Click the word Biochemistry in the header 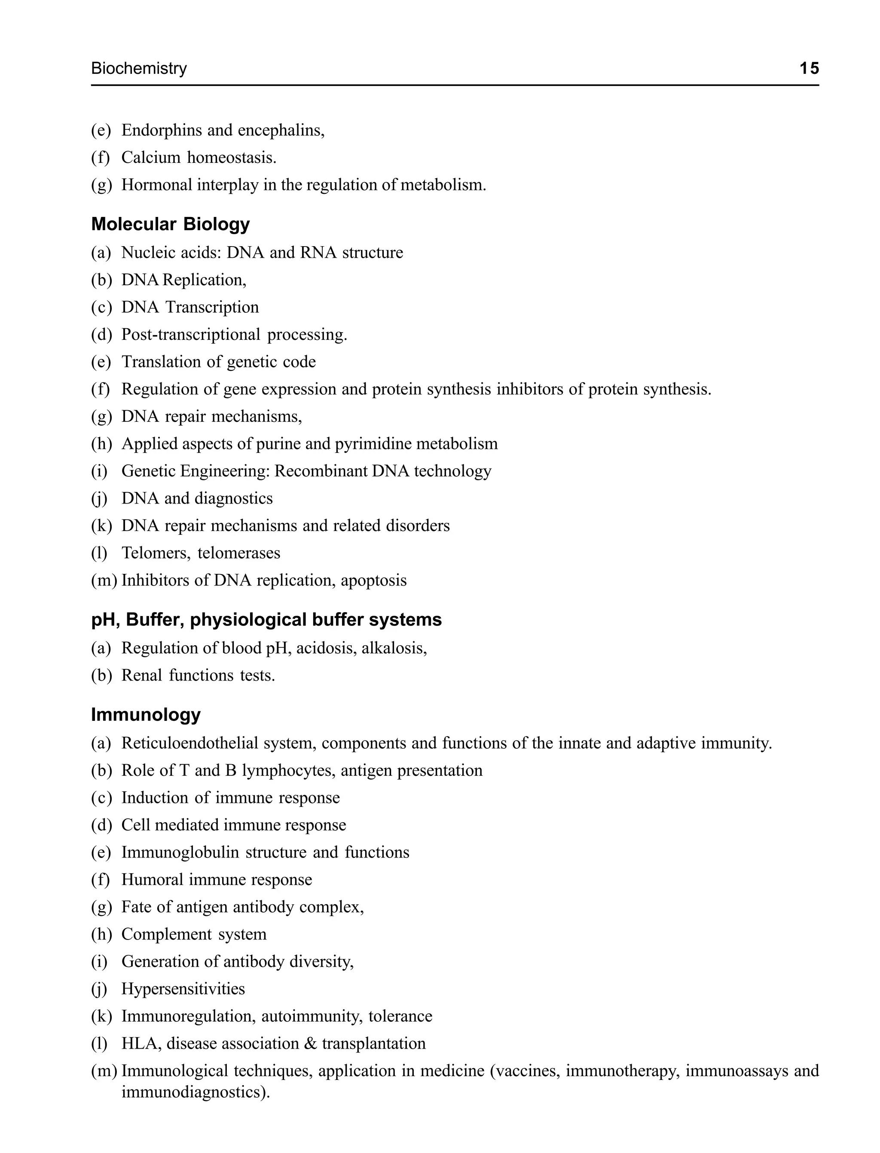coord(139,69)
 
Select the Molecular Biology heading coord(170,224)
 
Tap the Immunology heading coord(146,714)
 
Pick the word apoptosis coord(373,580)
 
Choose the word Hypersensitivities coord(183,988)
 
